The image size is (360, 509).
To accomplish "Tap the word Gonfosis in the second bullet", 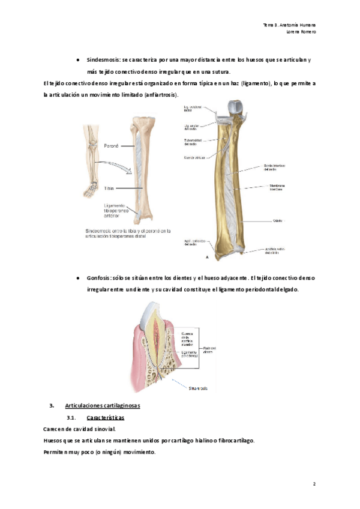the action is click(x=98, y=279).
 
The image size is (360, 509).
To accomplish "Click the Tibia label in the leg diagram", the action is click(x=108, y=188).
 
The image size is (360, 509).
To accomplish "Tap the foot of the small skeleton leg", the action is click(x=92, y=189).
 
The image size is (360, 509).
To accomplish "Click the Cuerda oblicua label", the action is click(x=195, y=157).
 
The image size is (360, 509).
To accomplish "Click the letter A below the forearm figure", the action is click(x=208, y=258).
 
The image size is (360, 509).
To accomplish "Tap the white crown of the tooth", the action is click(x=154, y=313).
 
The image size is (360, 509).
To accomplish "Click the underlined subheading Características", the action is click(x=105, y=417).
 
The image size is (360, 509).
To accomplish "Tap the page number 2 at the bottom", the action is click(x=314, y=483).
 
